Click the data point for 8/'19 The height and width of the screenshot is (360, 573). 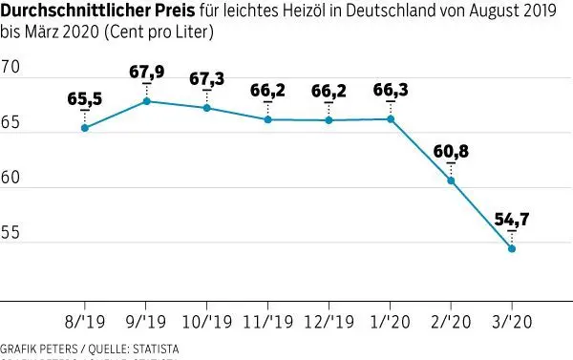tap(85, 128)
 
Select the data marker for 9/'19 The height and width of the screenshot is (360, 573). tap(145, 101)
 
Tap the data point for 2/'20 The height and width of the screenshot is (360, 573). tap(451, 180)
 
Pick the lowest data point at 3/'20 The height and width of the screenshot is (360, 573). tap(512, 248)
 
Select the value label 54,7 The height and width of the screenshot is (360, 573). tap(512, 220)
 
